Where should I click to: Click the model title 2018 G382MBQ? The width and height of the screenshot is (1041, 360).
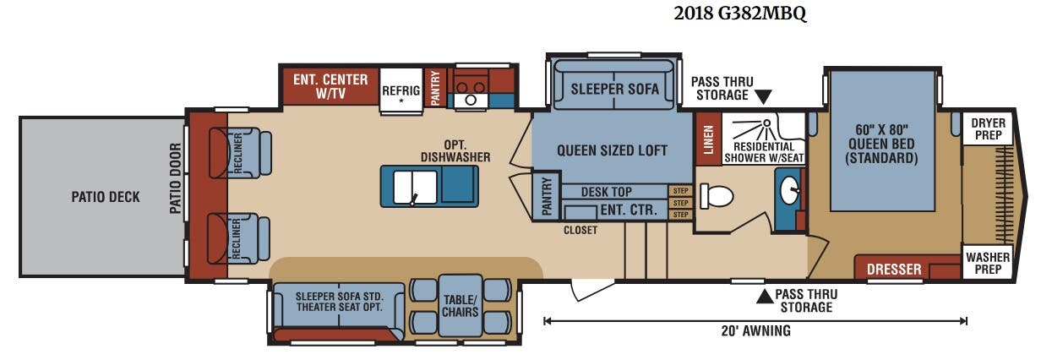[x=740, y=14]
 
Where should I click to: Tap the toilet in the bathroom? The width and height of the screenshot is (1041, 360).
[x=717, y=195]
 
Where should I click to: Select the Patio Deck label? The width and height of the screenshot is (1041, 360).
[x=106, y=197]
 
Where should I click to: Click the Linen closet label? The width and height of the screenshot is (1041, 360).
[x=708, y=139]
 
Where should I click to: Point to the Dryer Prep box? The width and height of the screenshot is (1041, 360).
[x=988, y=128]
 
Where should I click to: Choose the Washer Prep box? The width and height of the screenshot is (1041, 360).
[x=988, y=263]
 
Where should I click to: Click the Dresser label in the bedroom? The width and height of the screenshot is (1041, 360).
[x=894, y=269]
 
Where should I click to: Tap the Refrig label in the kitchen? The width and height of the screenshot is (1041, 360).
[x=401, y=90]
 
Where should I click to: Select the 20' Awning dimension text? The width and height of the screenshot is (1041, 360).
[x=755, y=330]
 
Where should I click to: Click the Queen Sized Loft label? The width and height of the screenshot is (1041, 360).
[x=612, y=150]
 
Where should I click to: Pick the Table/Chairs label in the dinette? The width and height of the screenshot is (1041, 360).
[x=460, y=306]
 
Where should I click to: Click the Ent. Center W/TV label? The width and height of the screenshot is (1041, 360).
[x=330, y=86]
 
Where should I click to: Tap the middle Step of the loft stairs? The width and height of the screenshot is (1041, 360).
[x=680, y=203]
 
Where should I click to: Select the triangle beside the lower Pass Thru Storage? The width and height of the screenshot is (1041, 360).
[x=765, y=297]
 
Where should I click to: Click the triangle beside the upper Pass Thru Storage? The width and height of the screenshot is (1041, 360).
[x=763, y=96]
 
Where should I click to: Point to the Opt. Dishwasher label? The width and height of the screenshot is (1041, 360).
[x=455, y=151]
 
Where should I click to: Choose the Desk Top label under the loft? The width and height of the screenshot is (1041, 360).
[x=606, y=192]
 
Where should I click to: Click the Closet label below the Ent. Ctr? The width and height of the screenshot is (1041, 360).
[x=580, y=230]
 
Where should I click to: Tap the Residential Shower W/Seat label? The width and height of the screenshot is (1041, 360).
[x=764, y=153]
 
